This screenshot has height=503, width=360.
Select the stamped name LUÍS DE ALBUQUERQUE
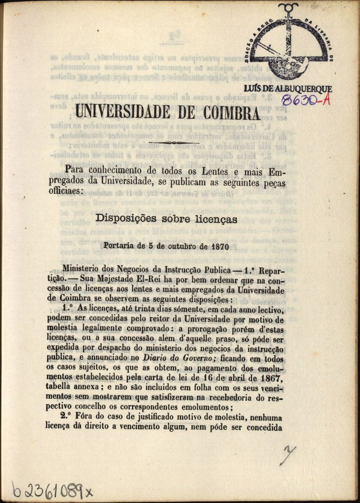click(x=288, y=89)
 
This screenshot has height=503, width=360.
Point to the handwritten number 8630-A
click(x=306, y=100)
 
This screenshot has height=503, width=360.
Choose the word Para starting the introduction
click(x=75, y=171)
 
